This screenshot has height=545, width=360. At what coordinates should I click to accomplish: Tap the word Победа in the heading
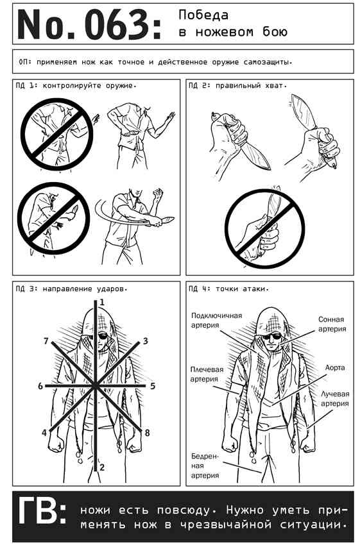coord(203,15)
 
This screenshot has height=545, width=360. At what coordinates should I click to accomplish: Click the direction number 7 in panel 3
coord(46,341)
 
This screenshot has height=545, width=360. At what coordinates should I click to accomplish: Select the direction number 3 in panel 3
coord(146,340)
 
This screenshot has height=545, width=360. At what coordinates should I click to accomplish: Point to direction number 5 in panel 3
coord(152,386)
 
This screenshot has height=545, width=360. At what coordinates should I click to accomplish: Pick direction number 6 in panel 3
coord(40,386)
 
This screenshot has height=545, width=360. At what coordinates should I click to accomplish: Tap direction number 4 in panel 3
coord(44,433)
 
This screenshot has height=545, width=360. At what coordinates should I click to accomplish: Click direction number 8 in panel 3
coord(147,433)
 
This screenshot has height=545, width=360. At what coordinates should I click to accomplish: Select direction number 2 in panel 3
coord(102,467)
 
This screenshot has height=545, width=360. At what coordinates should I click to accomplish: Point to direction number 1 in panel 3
coord(102,303)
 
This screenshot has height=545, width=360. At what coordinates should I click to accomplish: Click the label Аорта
coord(335,367)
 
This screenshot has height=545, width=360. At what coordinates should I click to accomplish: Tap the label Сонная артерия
coord(332,324)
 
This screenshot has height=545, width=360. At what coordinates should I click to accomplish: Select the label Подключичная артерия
coord(216,320)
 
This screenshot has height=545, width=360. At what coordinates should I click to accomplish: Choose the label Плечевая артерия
coord(207,374)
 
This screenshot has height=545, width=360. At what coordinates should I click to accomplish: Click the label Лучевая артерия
coord(335,399)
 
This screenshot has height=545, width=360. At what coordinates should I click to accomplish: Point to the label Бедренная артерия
coord(205,465)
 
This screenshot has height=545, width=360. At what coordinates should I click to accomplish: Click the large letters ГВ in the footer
coord(42,510)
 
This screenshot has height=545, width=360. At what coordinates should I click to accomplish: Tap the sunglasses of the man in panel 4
coord(271,336)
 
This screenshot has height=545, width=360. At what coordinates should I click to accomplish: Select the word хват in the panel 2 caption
coord(275,85)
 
